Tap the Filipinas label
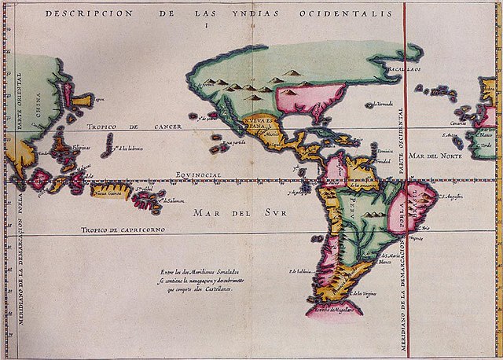[x=80, y=147]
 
